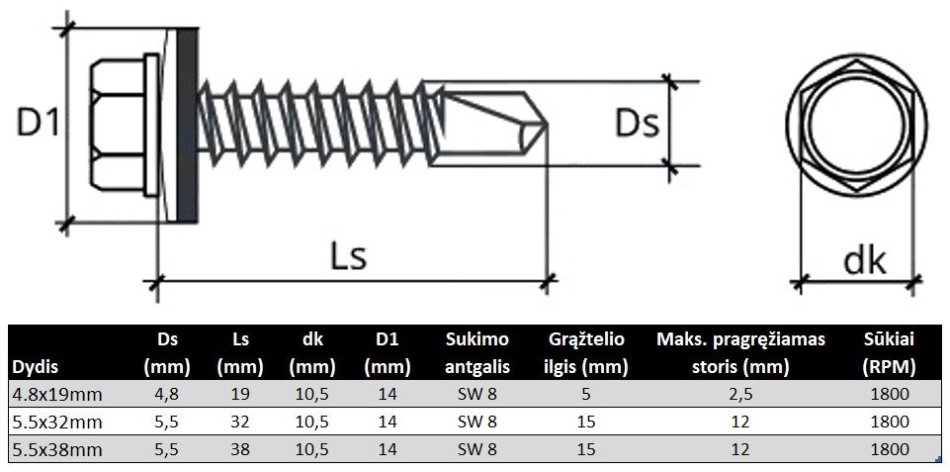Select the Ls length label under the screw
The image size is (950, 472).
pyautogui.click(x=347, y=255)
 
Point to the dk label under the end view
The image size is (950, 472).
pyautogui.click(x=863, y=261)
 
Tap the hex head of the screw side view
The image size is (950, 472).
pyautogui.click(x=118, y=125)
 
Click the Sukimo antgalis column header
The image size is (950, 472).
pyautogui.click(x=477, y=353)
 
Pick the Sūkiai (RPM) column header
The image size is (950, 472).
pyautogui.click(x=893, y=353)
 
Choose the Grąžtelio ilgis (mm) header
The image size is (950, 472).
pyautogui.click(x=587, y=353)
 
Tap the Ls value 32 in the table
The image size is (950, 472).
pyautogui.click(x=239, y=422)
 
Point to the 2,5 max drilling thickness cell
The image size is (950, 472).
pyautogui.click(x=740, y=394)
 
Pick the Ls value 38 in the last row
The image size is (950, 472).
pyautogui.click(x=239, y=448)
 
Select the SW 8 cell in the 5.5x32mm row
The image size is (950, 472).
pyautogui.click(x=477, y=422)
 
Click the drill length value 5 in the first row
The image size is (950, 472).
pyautogui.click(x=587, y=394)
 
